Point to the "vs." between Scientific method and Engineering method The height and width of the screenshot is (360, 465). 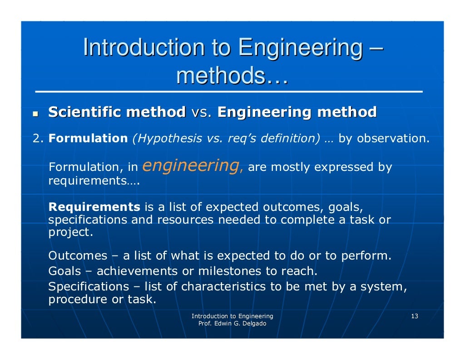pos(202,112)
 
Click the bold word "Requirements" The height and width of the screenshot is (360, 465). pos(94,207)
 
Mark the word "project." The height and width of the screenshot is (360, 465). pos(70,233)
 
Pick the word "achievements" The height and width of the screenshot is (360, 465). pos(137,271)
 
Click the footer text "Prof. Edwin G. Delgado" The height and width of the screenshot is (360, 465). pos(232,324)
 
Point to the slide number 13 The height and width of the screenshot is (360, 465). pos(414,316)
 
